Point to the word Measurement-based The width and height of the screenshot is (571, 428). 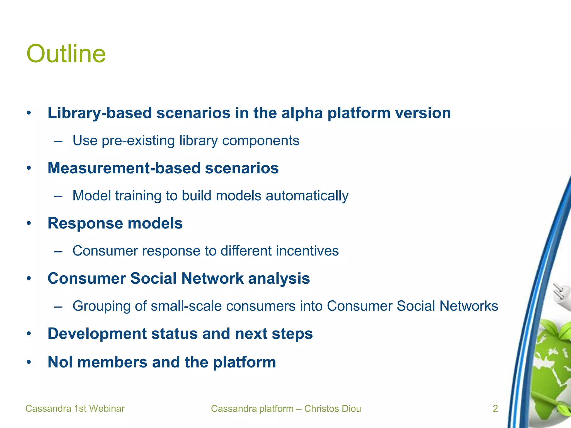124,168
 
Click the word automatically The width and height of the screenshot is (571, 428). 307,196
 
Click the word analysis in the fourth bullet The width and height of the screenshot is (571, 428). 279,279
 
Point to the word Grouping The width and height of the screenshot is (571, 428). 101,306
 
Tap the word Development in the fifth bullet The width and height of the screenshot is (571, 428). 97,334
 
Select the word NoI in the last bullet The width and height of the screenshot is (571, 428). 60,362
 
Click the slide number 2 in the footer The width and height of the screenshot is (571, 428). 495,408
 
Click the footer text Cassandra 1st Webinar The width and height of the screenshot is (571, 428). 75,408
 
